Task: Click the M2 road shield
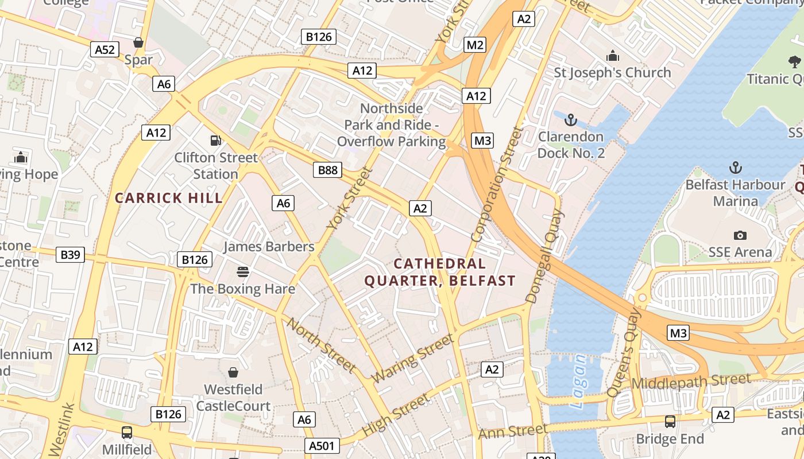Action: tap(474, 45)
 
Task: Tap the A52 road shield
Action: tap(105, 49)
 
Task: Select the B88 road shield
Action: tap(328, 170)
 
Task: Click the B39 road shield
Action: tap(70, 255)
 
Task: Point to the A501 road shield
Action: tap(324, 446)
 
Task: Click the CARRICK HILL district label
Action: tap(169, 199)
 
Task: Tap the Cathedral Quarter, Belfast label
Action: tap(440, 273)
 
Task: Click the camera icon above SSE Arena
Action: tap(740, 235)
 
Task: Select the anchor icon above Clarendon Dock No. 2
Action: tap(570, 120)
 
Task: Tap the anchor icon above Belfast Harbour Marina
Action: tap(735, 168)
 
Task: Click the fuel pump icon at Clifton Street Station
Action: tap(216, 140)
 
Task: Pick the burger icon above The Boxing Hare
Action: tap(243, 271)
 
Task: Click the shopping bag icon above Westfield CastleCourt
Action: tap(233, 372)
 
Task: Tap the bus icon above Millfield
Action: tap(127, 432)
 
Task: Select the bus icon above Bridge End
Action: tap(670, 422)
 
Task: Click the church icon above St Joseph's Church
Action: tap(612, 56)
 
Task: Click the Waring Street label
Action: tap(412, 360)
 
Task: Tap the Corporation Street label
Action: tap(497, 185)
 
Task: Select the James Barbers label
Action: tap(269, 247)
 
